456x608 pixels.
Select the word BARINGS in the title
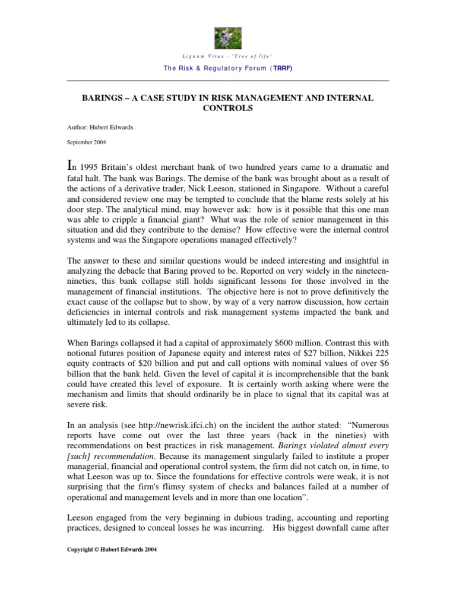point(103,97)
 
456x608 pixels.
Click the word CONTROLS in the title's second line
point(228,109)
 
